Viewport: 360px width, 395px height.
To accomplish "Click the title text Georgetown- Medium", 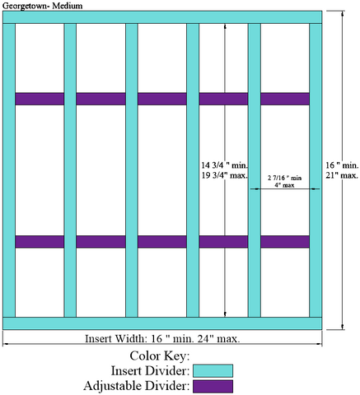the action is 42,6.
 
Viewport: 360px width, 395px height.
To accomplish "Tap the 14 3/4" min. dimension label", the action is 225,165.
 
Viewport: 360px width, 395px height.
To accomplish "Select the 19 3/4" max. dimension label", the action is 225,175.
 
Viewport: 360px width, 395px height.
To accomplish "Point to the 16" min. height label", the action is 342,165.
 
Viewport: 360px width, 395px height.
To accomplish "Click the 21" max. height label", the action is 342,175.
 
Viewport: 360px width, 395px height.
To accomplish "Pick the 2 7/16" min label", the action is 285,178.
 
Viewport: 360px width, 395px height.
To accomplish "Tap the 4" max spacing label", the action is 284,185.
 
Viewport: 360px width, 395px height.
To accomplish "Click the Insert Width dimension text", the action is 162,338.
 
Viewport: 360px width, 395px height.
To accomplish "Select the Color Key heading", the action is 160,355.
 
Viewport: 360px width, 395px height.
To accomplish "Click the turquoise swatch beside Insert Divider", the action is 213,371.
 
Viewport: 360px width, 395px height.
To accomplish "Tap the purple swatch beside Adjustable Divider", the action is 213,386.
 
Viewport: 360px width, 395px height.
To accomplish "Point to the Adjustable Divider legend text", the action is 137,386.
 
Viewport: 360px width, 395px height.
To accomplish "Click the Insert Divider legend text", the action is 151,371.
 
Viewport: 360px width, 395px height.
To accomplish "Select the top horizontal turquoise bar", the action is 162,17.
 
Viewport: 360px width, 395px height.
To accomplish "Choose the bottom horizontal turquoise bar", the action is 162,323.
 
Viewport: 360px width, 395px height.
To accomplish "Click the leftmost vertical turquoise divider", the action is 9,170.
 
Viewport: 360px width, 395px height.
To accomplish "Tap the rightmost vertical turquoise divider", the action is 316,170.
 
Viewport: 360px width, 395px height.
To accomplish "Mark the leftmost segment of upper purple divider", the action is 40,99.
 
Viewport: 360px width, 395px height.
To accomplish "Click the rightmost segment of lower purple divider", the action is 285,242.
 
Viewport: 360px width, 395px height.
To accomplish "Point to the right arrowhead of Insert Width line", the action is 320,343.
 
